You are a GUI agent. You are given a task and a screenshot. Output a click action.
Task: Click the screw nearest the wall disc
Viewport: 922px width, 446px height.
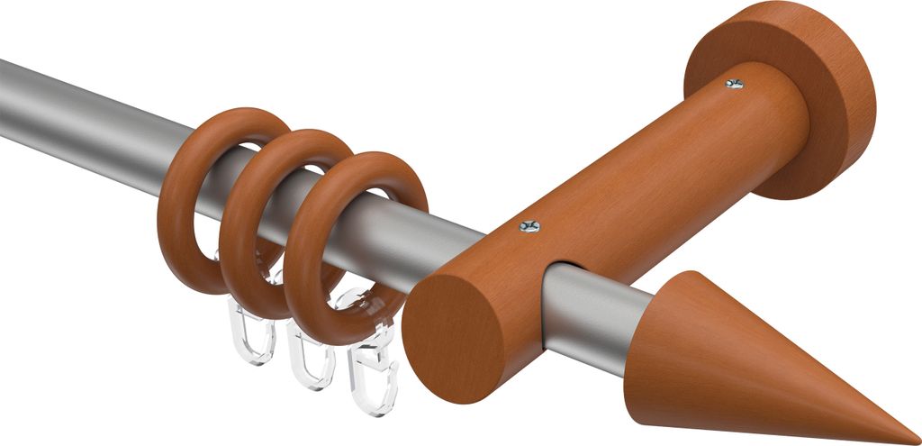tap(735, 84)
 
